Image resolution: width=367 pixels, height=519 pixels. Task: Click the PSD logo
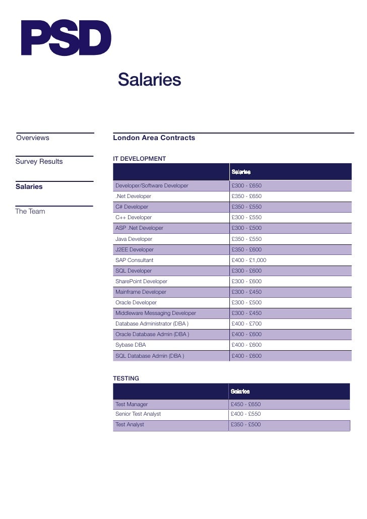pyautogui.click(x=66, y=38)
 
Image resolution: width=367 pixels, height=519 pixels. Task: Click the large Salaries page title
pyautogui.click(x=149, y=80)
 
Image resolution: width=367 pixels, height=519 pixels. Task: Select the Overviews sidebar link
pyautogui.click(x=33, y=138)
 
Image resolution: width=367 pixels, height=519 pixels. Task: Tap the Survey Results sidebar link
pyautogui.click(x=39, y=161)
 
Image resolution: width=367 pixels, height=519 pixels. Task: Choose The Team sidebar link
pyautogui.click(x=30, y=211)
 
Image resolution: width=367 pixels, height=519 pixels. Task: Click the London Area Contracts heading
pyautogui.click(x=154, y=138)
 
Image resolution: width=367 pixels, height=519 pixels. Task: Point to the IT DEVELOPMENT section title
pyautogui.click(x=140, y=159)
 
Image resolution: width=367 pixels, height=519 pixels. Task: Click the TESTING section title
pyautogui.click(x=126, y=378)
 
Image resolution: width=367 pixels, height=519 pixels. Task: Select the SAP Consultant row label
pyautogui.click(x=135, y=260)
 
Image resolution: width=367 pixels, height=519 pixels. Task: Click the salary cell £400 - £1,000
pyautogui.click(x=249, y=260)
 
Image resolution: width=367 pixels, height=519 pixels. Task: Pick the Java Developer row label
pyautogui.click(x=134, y=239)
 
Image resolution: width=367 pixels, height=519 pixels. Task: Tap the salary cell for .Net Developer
pyautogui.click(x=247, y=196)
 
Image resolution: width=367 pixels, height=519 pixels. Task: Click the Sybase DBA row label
pyautogui.click(x=131, y=345)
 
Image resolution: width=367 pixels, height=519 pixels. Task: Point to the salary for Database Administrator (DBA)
pyautogui.click(x=247, y=323)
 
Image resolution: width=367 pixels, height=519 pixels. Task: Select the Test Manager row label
pyautogui.click(x=132, y=404)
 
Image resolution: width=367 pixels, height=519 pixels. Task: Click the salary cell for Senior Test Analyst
pyautogui.click(x=246, y=414)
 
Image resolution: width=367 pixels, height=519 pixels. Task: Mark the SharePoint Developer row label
pyautogui.click(x=141, y=281)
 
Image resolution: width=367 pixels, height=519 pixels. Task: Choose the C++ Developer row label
pyautogui.click(x=134, y=217)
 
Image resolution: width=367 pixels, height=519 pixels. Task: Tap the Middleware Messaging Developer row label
pyautogui.click(x=156, y=313)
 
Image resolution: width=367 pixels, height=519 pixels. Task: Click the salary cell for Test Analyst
pyautogui.click(x=246, y=424)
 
